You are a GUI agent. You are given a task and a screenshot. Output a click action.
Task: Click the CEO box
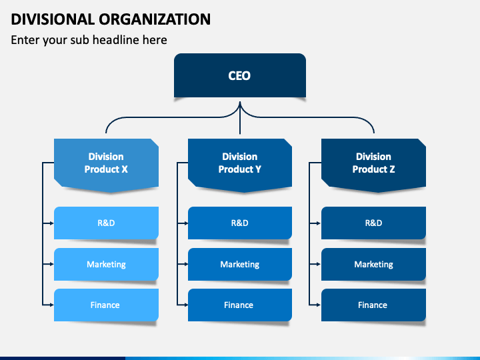tap(240, 75)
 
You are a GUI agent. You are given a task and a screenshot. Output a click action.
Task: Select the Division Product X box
tap(106, 165)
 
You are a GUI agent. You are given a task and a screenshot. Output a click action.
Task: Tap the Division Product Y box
tap(240, 165)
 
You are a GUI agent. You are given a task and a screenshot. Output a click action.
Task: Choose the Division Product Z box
tap(373, 165)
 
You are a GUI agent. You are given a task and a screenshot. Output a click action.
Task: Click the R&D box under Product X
tap(106, 223)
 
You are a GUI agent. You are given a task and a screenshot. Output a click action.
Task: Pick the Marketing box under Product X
tap(106, 264)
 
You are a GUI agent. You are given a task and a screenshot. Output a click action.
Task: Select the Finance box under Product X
tap(106, 305)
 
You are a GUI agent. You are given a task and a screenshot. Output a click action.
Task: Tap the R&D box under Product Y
tap(240, 223)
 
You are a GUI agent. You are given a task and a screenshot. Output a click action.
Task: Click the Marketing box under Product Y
tap(240, 264)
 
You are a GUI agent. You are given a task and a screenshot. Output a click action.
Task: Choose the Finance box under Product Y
tap(240, 305)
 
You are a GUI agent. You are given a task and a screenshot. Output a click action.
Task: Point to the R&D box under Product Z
tap(373, 223)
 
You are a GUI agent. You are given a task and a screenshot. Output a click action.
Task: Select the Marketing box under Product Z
tap(373, 264)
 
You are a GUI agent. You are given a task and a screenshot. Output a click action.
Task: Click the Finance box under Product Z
tap(373, 305)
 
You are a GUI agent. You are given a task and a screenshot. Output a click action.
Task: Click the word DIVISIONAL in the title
tap(53, 19)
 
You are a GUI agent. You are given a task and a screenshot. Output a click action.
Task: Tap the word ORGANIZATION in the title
tap(155, 19)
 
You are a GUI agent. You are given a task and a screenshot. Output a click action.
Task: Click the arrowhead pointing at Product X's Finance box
tap(52, 305)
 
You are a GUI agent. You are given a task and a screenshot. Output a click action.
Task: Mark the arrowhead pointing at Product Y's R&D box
tap(186, 223)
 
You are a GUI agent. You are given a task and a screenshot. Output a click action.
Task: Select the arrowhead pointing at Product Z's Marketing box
tap(319, 264)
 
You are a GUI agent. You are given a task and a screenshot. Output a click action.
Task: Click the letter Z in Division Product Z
tap(392, 169)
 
